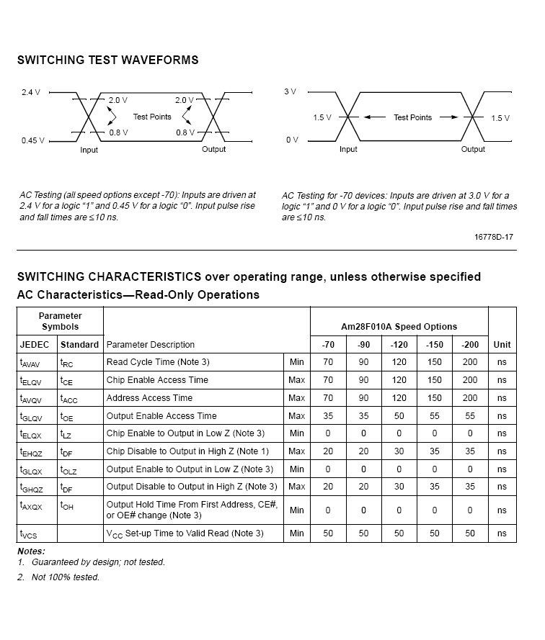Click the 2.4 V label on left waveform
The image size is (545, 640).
[x=31, y=92]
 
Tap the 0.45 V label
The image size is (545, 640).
[x=32, y=140]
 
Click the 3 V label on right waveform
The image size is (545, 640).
[x=290, y=92]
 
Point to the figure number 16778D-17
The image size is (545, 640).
[x=494, y=236]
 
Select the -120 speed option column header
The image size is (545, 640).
[x=399, y=345]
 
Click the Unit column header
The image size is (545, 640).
[x=502, y=345]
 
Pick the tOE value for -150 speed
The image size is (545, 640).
[x=434, y=416]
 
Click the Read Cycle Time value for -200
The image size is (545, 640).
[x=470, y=362]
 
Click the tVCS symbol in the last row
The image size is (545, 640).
[x=29, y=534]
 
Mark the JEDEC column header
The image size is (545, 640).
[x=34, y=345]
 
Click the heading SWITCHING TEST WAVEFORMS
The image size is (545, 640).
[x=107, y=60]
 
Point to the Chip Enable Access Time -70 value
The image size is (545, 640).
[x=328, y=380]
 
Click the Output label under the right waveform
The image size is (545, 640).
[x=473, y=150]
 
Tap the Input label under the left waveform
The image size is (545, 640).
[x=89, y=150]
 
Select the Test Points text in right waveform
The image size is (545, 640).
[x=412, y=117]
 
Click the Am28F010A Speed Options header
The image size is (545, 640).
[x=399, y=326]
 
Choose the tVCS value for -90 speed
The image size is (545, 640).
[x=363, y=533]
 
